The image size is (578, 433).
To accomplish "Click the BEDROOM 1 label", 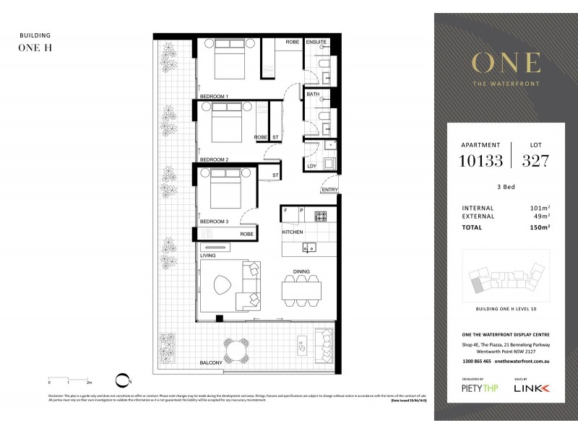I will pos(214,96).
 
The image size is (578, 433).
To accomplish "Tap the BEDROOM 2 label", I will pos(214,159).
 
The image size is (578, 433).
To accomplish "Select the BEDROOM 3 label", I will pos(214,222).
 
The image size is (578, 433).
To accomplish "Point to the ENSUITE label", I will pos(316,43).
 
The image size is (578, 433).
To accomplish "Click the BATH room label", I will pos(313,94).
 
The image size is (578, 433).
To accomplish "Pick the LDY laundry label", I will pos(312,167).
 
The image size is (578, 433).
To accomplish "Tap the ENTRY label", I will pos(329,190).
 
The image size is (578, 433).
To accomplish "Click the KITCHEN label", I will pos(293,232).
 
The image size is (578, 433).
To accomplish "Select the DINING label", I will pos(301,272).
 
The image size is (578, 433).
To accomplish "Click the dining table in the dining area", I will pos(301,290).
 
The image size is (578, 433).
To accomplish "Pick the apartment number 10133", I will pos(480,160).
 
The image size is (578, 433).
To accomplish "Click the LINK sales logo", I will pos(531,388).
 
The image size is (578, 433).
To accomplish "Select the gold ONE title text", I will pos(505,63).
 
